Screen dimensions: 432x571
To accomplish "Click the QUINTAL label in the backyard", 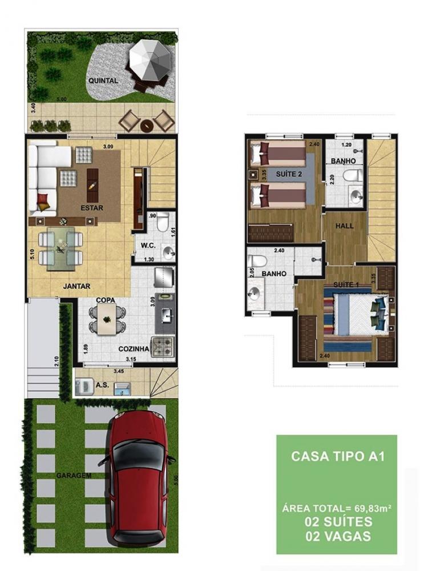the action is point(103,81).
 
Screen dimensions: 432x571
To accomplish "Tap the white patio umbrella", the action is point(150,58).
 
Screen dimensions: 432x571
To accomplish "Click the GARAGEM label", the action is point(74,476).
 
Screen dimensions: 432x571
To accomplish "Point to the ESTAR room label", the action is point(92,208).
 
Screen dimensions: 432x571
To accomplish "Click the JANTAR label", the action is point(76,286).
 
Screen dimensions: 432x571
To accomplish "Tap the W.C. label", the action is point(148,246).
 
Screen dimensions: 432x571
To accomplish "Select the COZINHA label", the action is point(134,349).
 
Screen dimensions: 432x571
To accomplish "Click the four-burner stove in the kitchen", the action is point(163,347).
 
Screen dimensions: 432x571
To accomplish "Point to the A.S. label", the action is point(102,384).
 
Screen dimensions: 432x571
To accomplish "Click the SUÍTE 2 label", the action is point(289,174).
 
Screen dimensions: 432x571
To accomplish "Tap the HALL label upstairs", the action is point(344,226).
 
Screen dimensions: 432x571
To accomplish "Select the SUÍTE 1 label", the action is point(346,284).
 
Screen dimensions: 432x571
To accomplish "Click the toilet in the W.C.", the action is point(162,222).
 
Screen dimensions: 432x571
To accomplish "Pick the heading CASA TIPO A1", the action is point(338,456).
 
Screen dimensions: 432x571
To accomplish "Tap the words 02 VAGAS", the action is point(338,536).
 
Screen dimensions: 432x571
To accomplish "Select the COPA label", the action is point(106,300).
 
